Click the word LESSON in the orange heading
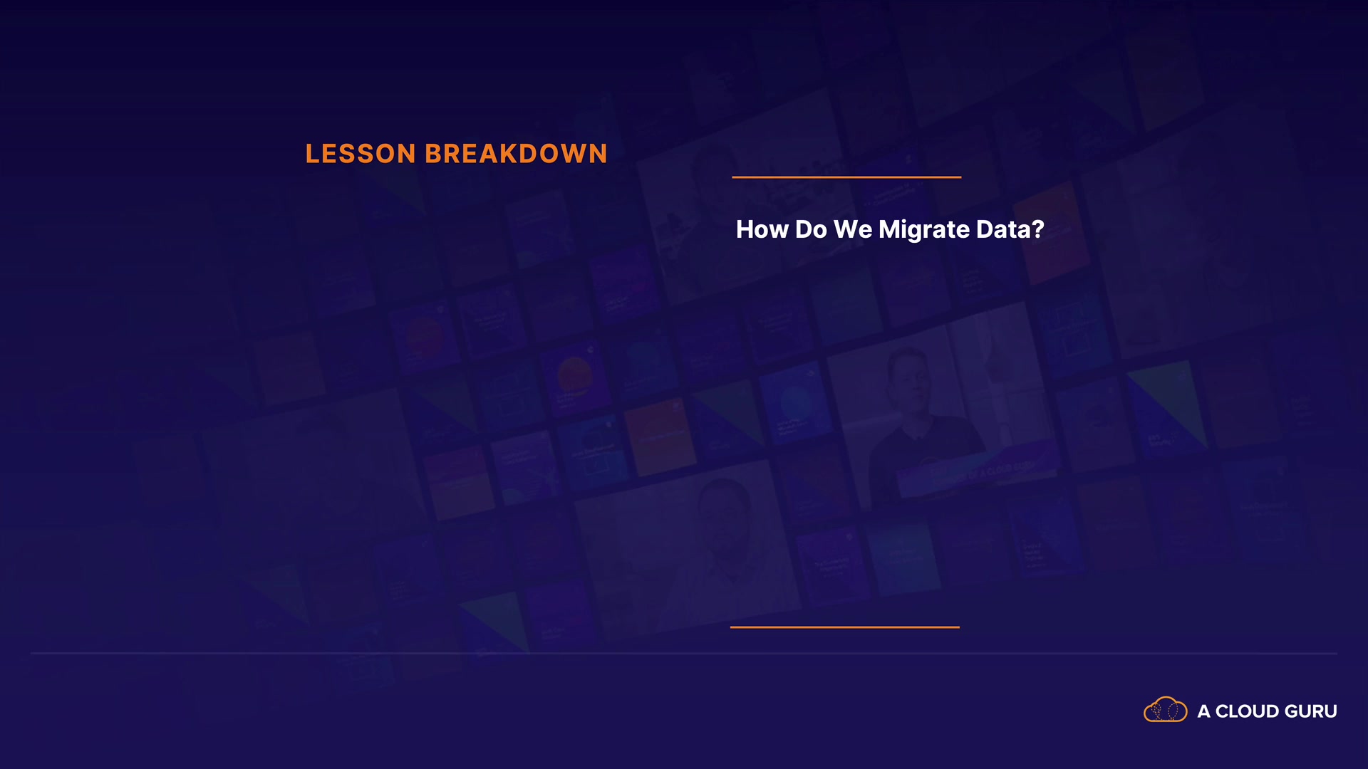(x=361, y=154)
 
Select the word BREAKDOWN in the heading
(x=517, y=154)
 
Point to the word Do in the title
(x=811, y=229)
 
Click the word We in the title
(x=853, y=229)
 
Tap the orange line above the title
(x=846, y=177)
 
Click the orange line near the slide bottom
(x=845, y=627)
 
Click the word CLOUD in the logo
(x=1247, y=711)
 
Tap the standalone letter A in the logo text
(x=1204, y=711)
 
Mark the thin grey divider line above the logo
(x=684, y=653)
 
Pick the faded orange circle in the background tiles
(x=575, y=375)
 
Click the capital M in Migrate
(x=891, y=229)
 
